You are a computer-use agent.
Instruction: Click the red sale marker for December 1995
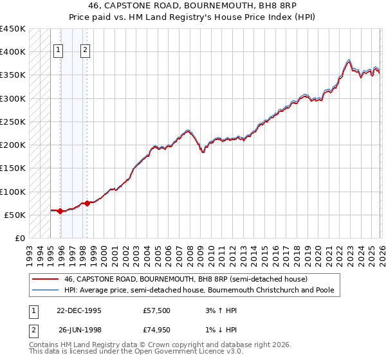point(60,211)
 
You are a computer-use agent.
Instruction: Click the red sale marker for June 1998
point(87,203)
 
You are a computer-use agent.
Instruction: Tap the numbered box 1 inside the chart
point(59,51)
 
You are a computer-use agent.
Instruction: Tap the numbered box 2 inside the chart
point(86,51)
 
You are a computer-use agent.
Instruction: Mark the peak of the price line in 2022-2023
point(348,60)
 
